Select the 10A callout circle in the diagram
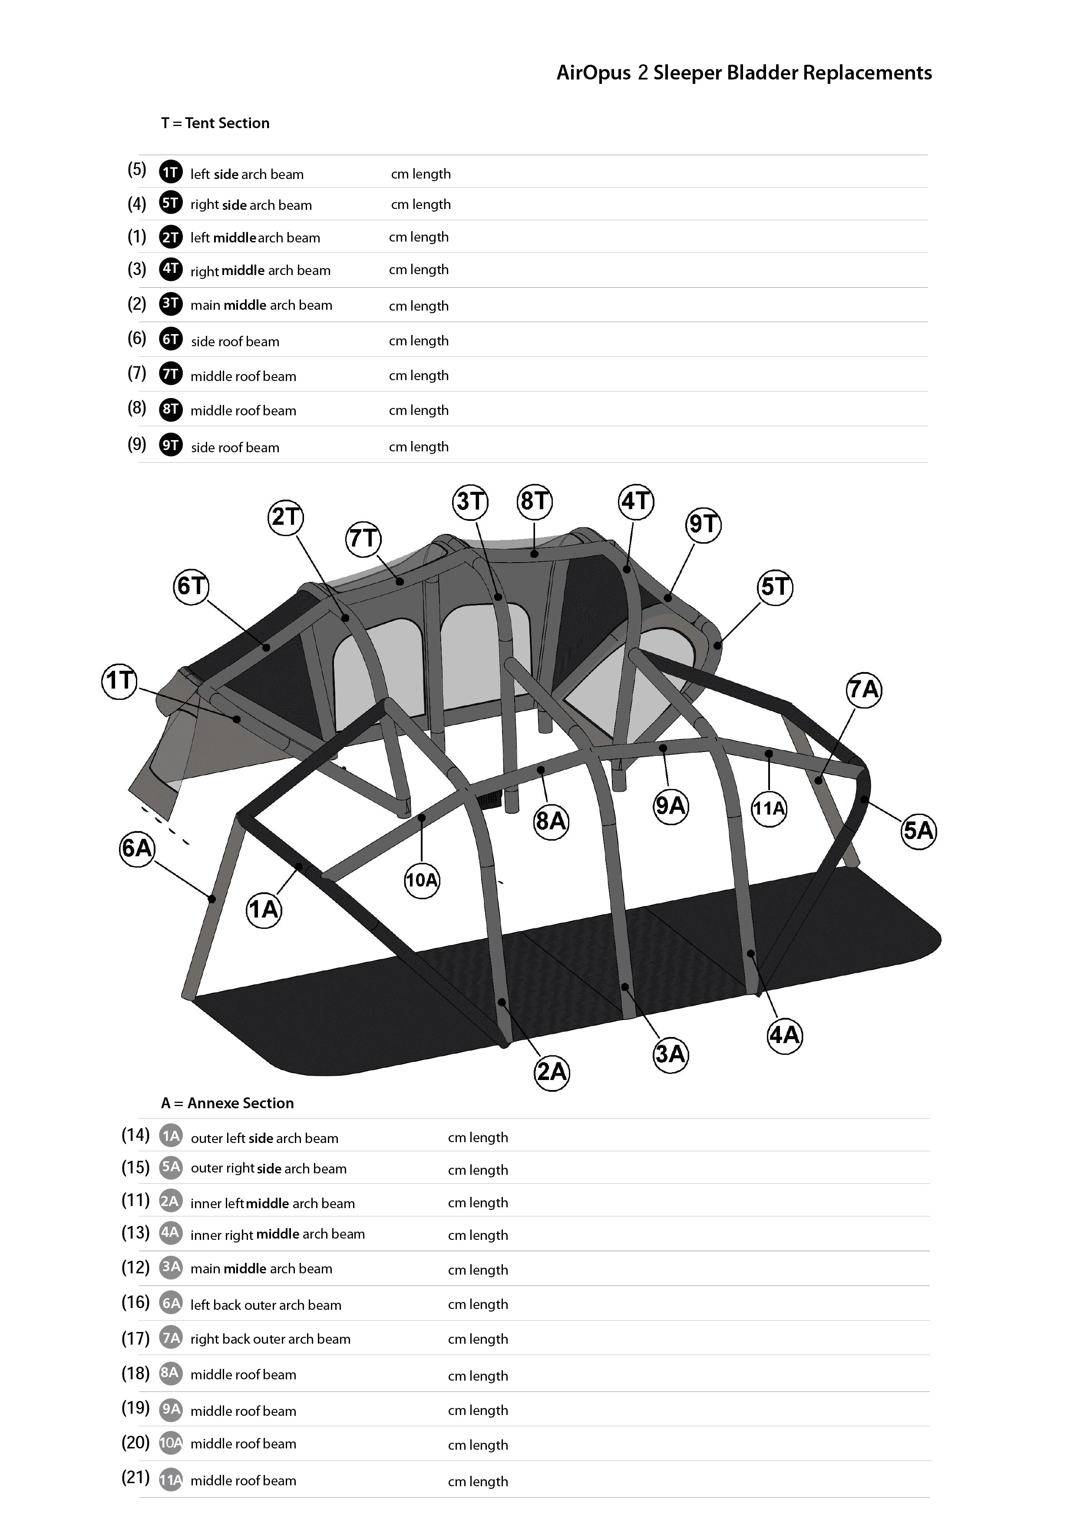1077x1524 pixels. [422, 880]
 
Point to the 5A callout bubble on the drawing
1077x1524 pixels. [918, 830]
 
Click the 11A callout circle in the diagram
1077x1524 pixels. [769, 808]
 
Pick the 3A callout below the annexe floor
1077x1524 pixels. [670, 1054]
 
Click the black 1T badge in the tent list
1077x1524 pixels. [171, 172]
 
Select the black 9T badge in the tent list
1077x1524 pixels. [171, 445]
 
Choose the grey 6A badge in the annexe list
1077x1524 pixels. [171, 1303]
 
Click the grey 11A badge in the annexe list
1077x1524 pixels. [171, 1480]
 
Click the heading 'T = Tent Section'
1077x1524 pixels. [215, 123]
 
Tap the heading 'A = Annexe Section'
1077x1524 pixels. [227, 1103]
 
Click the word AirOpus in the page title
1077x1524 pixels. [593, 73]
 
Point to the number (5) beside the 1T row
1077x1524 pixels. [137, 169]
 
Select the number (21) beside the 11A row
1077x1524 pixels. [135, 1477]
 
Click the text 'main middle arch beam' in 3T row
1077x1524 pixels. [261, 305]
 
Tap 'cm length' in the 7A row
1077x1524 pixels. [478, 1339]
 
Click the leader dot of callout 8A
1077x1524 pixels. [541, 770]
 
